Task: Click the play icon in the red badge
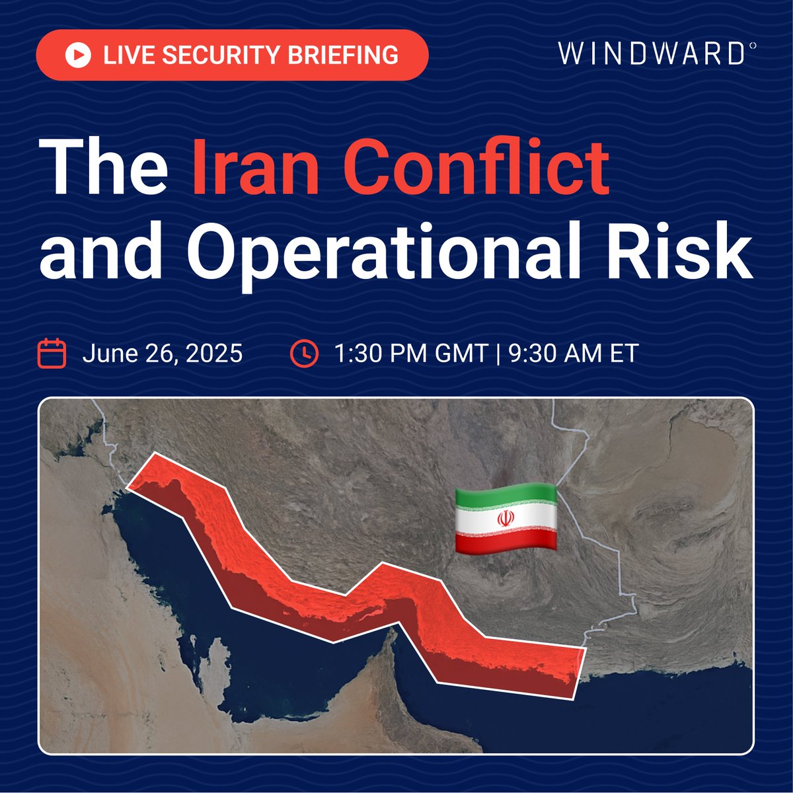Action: tap(78, 55)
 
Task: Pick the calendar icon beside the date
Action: tap(52, 353)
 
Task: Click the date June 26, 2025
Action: tap(163, 354)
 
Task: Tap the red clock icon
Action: tap(304, 353)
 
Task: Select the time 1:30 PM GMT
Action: tap(410, 354)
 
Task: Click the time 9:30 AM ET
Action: tap(572, 354)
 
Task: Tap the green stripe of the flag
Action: tap(505, 496)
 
